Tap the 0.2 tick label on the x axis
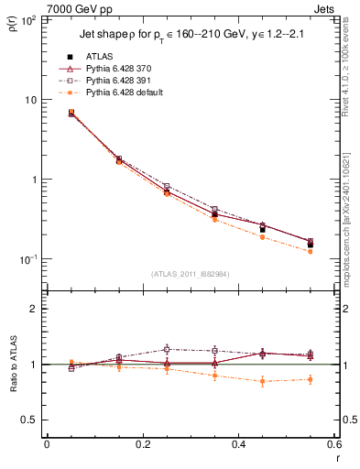pos(142,445)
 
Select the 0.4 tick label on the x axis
pos(237,445)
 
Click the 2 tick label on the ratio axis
pos(36,310)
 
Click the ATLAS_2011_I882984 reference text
pos(190,273)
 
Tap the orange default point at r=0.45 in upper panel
pos(262,237)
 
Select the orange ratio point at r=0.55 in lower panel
pos(310,379)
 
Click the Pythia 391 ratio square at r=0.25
pos(167,349)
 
